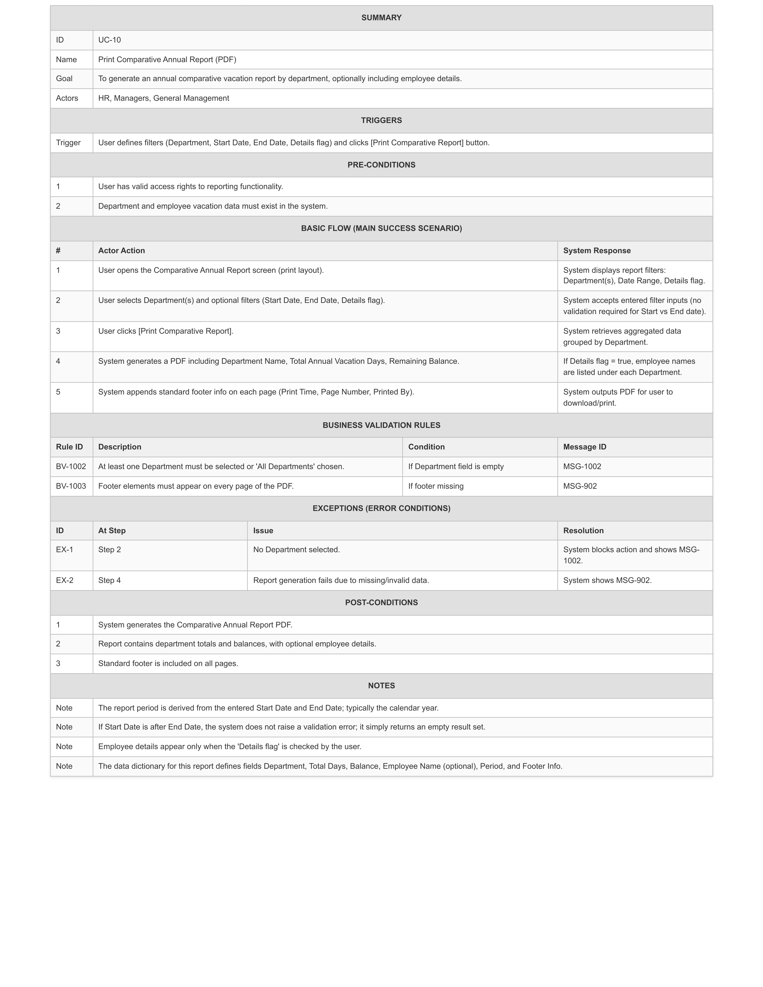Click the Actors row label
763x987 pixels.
coord(67,98)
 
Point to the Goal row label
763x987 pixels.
coord(64,79)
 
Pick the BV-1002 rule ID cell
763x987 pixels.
coord(71,466)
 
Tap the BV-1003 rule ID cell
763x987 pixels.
coord(71,486)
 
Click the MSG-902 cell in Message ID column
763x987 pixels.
coord(580,486)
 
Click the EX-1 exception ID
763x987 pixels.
coord(65,550)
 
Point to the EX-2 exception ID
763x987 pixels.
coord(65,580)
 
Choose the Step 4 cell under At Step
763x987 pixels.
coord(109,580)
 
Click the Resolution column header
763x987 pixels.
coord(583,531)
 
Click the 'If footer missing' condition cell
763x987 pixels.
coord(436,486)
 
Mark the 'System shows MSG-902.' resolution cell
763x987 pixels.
coord(607,580)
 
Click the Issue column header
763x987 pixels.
coord(263,531)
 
